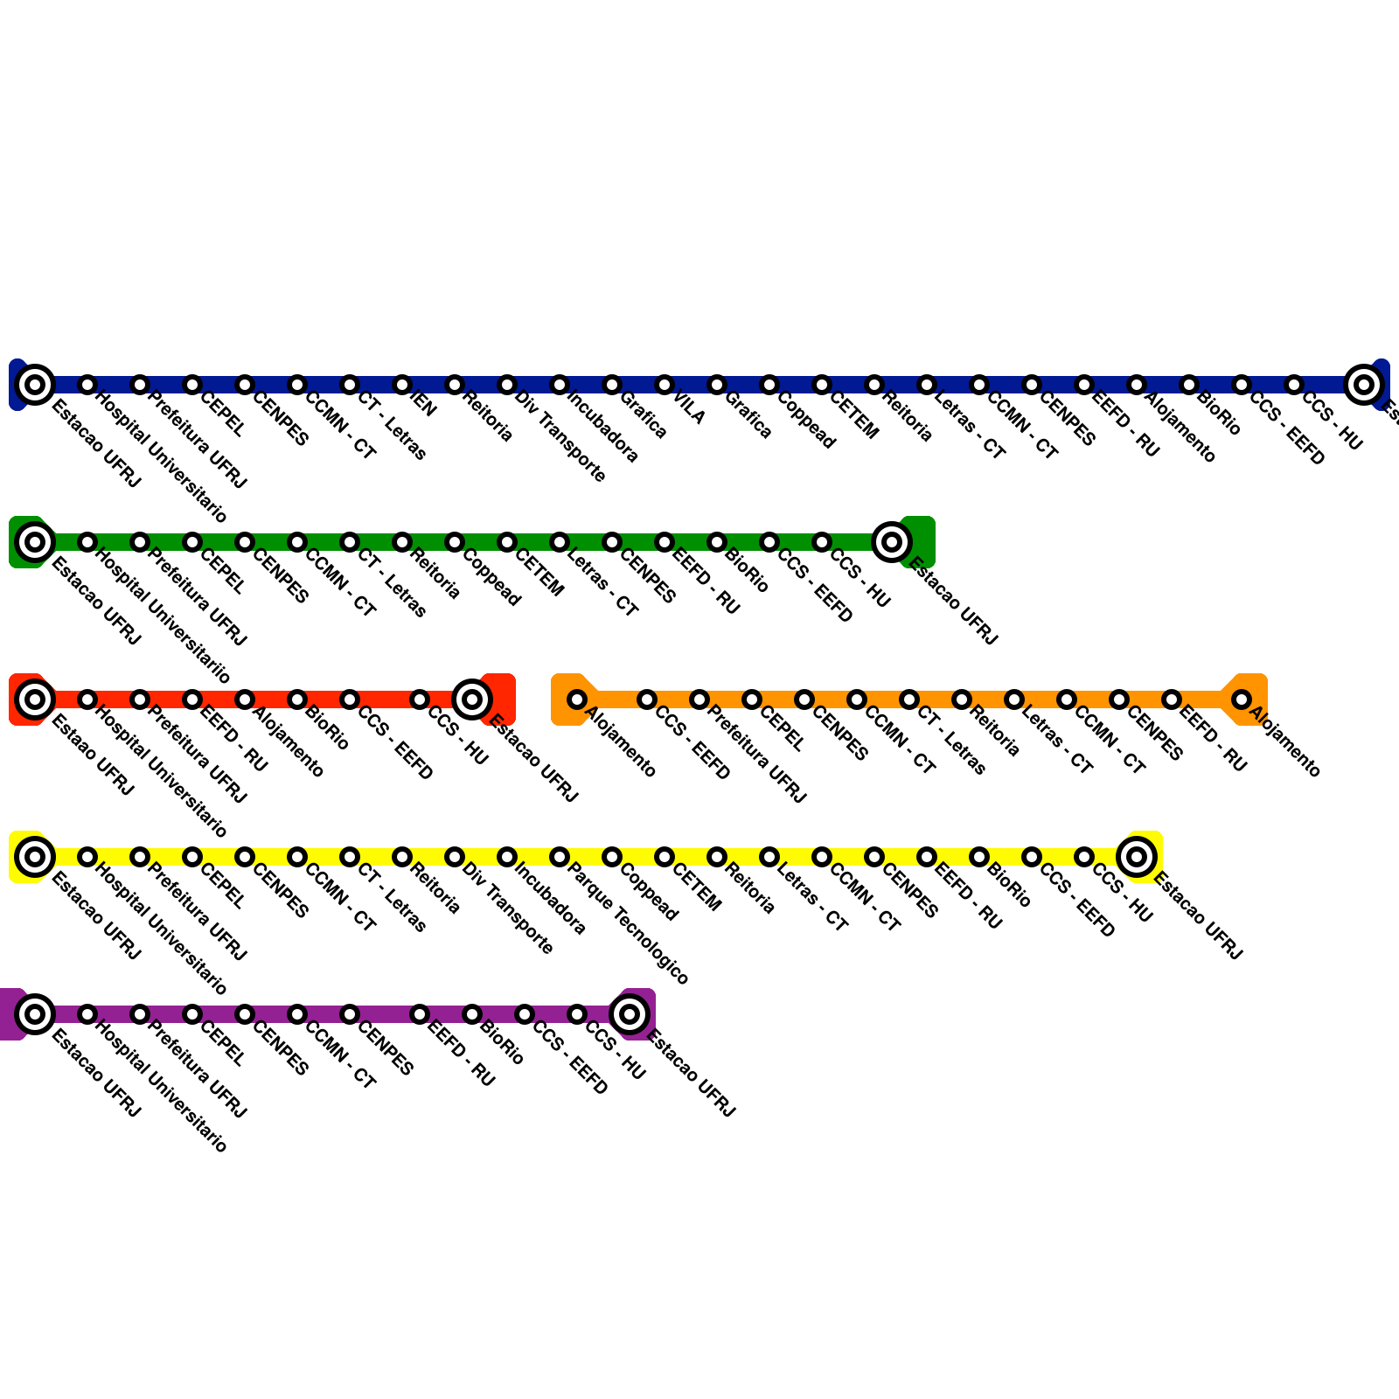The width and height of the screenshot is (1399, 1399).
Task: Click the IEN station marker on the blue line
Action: pyautogui.click(x=402, y=385)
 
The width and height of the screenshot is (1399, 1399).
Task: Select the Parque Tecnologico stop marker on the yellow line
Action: pyautogui.click(x=560, y=857)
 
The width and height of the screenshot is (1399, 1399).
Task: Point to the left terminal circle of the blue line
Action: pyautogui.click(x=35, y=385)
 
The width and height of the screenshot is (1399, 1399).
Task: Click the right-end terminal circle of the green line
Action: pyautogui.click(x=892, y=542)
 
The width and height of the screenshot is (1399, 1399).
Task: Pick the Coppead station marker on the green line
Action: pyautogui.click(x=455, y=542)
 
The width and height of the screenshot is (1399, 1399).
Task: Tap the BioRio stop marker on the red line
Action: pyautogui.click(x=297, y=699)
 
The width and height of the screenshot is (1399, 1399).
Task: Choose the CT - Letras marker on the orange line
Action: pyautogui.click(x=909, y=699)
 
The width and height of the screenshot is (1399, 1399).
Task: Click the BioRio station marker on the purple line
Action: pyautogui.click(x=472, y=1014)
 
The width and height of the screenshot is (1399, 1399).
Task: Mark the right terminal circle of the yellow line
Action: pyautogui.click(x=1137, y=857)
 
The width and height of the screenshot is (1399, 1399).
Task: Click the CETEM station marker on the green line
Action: pyautogui.click(x=507, y=542)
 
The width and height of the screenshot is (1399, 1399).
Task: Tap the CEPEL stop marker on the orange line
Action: pyautogui.click(x=752, y=699)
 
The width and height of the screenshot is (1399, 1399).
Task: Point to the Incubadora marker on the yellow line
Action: pyautogui.click(x=507, y=857)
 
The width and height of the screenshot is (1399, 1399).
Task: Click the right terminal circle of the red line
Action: pyautogui.click(x=472, y=699)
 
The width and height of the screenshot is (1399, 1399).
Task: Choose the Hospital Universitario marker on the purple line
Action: pyautogui.click(x=87, y=1014)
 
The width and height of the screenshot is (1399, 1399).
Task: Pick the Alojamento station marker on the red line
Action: pyautogui.click(x=245, y=699)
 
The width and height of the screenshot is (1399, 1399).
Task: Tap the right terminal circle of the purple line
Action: pyautogui.click(x=630, y=1014)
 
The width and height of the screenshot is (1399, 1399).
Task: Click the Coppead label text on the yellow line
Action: pyautogui.click(x=649, y=893)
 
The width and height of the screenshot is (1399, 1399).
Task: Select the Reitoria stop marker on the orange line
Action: pyautogui.click(x=962, y=699)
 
